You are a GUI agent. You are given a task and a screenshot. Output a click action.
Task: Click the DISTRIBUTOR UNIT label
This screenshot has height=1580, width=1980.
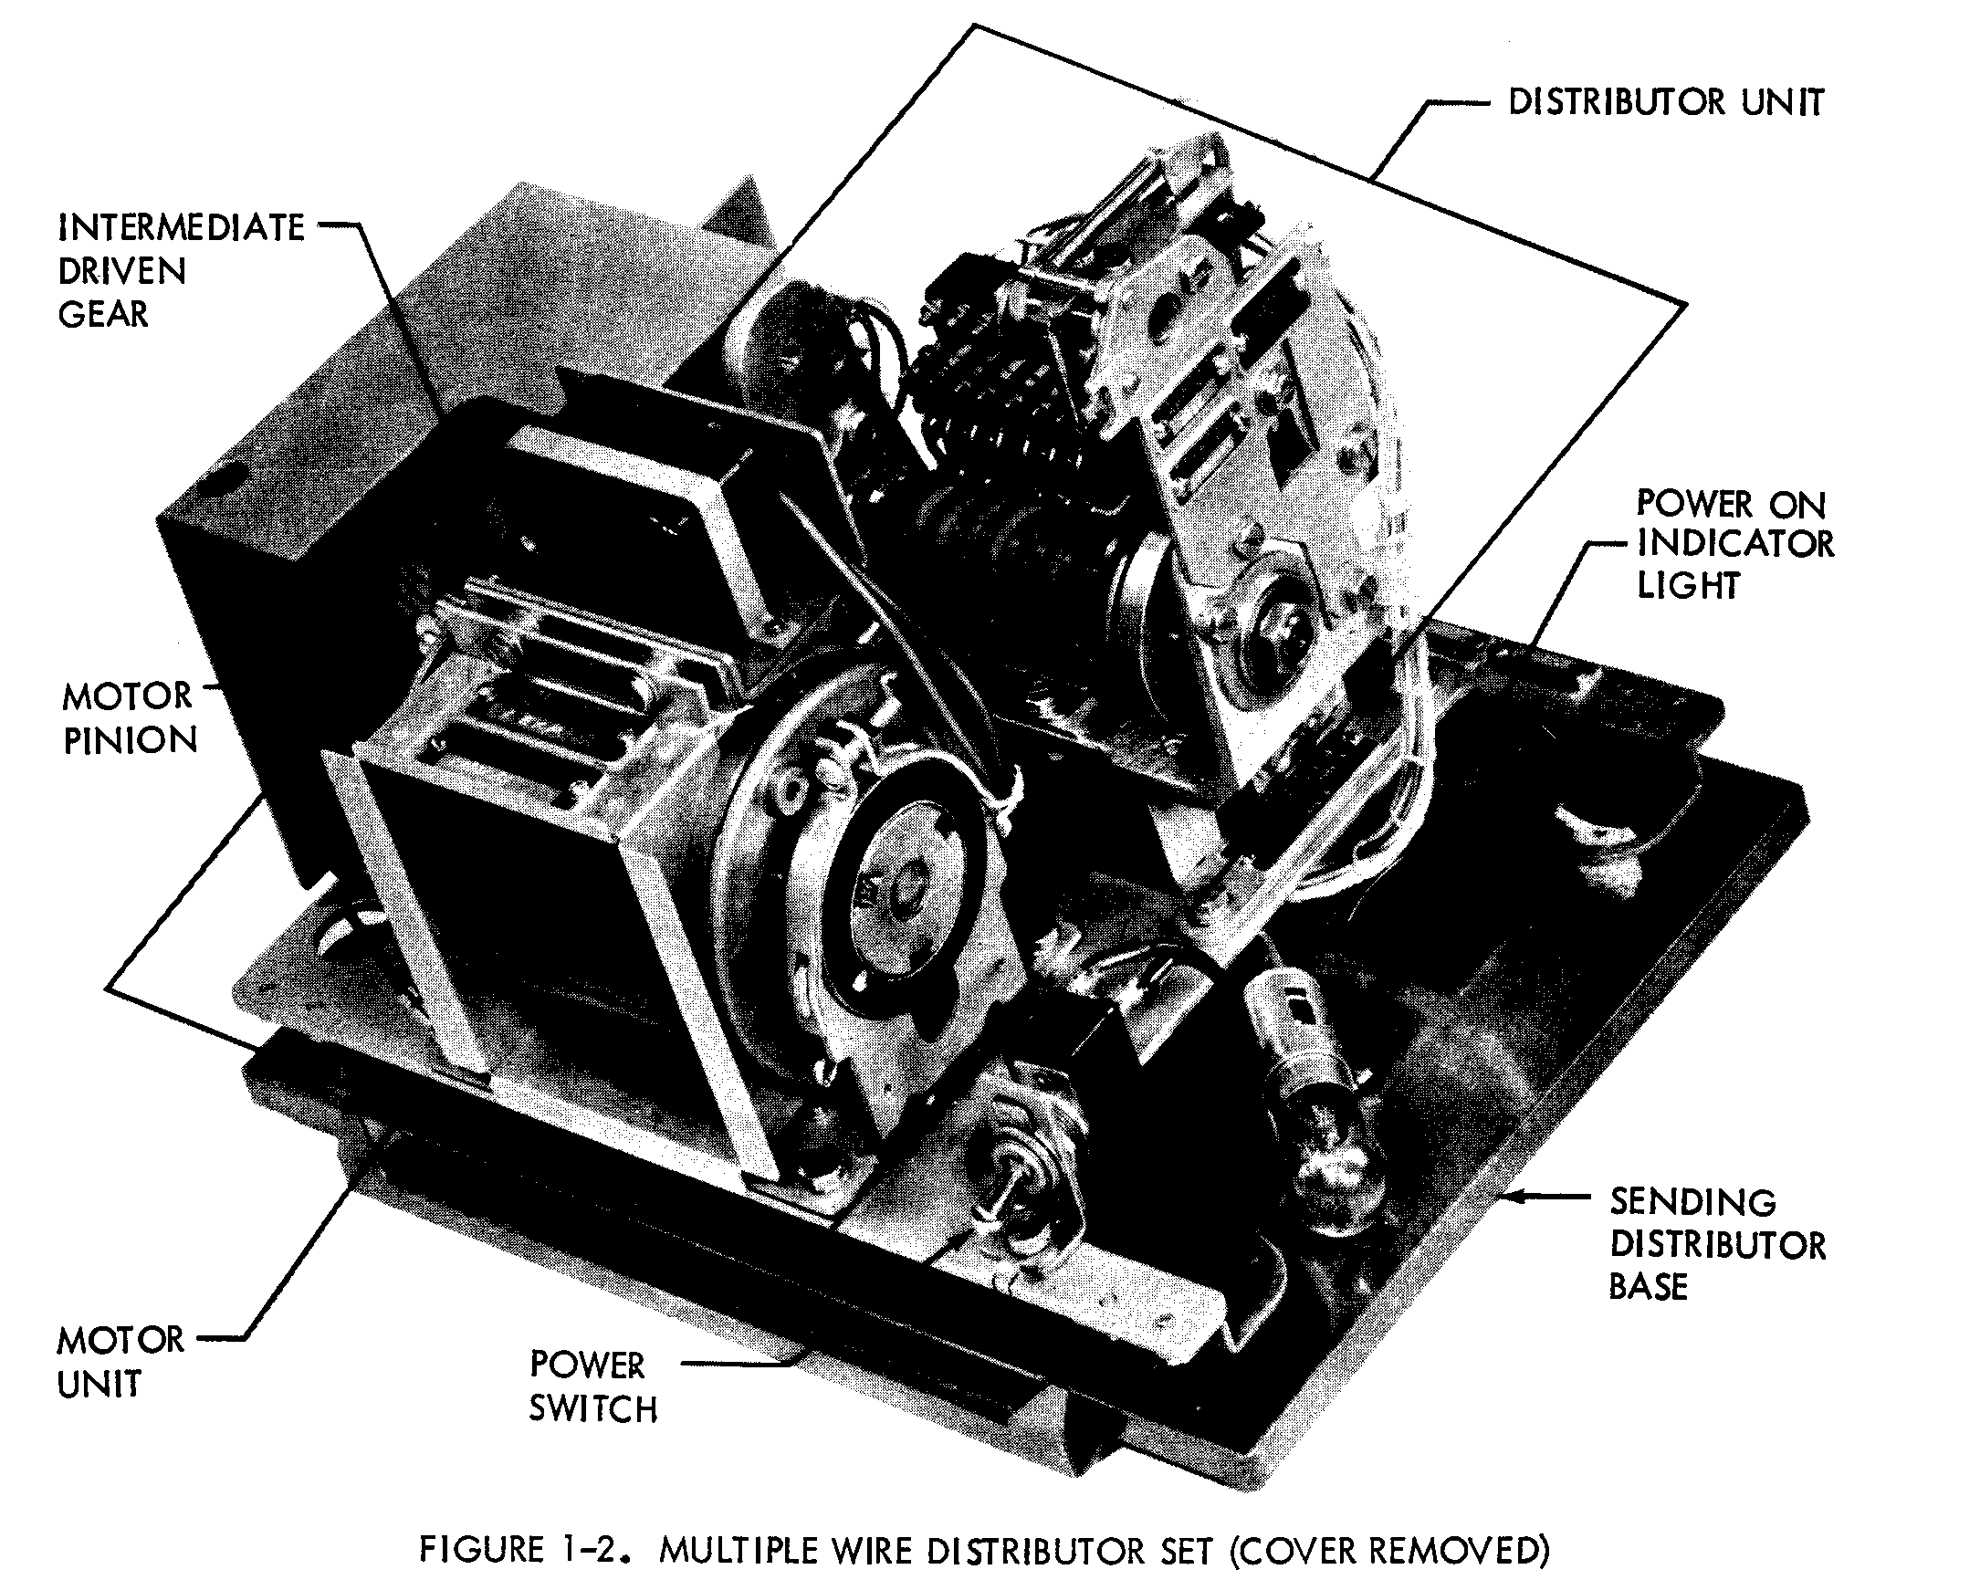point(1665,102)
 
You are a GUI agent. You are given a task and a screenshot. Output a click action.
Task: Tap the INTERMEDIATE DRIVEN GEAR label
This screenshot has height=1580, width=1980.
point(180,270)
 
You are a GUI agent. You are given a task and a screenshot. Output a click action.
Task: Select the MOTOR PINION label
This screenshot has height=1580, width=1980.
point(130,718)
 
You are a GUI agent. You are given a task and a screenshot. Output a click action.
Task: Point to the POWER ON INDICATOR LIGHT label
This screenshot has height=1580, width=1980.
point(1734,543)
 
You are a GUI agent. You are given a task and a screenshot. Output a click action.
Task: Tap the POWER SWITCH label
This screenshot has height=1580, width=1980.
point(592,1387)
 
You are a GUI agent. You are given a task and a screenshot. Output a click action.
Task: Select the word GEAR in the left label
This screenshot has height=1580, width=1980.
point(103,314)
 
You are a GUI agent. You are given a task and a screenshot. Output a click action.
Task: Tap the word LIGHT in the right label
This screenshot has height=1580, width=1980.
point(1688,585)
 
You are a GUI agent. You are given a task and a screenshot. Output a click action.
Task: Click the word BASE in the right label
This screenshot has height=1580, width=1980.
point(1648,1287)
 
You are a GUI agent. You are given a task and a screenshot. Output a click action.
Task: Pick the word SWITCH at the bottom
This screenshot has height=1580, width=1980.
point(592,1408)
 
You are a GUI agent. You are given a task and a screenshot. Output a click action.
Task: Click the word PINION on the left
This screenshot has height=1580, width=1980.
point(130,740)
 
